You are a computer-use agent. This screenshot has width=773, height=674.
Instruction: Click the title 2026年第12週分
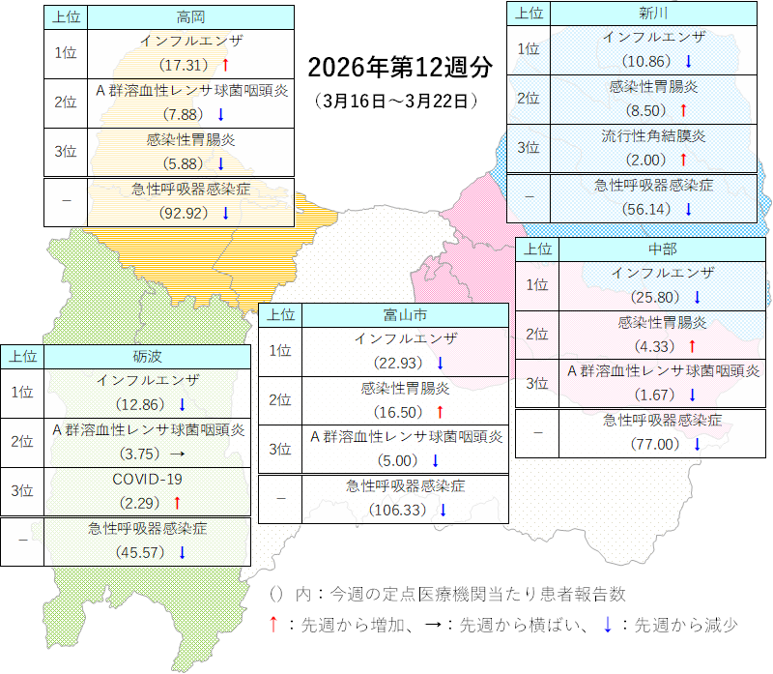point(399,67)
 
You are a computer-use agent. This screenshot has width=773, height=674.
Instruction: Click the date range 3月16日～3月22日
point(397,100)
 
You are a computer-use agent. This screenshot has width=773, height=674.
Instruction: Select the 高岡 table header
point(190,17)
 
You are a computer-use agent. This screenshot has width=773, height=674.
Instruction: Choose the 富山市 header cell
point(405,314)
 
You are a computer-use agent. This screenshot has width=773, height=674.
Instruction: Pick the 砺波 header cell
point(148,356)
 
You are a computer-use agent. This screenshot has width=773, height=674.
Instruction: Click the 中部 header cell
point(662,249)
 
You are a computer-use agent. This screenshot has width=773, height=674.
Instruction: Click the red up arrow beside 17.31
point(224,65)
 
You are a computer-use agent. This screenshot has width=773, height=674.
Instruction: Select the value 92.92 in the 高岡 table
point(184,213)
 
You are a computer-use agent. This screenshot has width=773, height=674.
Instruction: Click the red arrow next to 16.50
point(440,412)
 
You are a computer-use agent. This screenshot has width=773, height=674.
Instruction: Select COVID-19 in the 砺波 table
point(148,479)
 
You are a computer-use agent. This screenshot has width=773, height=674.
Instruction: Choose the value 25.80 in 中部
point(655,296)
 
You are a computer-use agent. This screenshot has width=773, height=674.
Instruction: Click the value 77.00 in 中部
point(655,444)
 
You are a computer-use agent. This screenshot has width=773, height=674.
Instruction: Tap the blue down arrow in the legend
point(607,625)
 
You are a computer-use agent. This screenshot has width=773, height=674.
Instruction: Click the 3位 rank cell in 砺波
point(22,490)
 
